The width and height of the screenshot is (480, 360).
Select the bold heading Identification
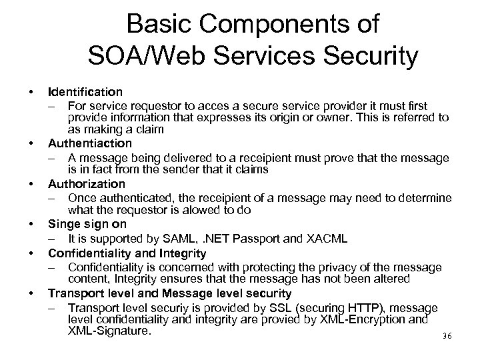click(x=85, y=91)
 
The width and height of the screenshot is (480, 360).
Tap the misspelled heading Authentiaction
click(x=90, y=143)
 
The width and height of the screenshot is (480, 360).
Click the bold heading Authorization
click(x=86, y=183)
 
